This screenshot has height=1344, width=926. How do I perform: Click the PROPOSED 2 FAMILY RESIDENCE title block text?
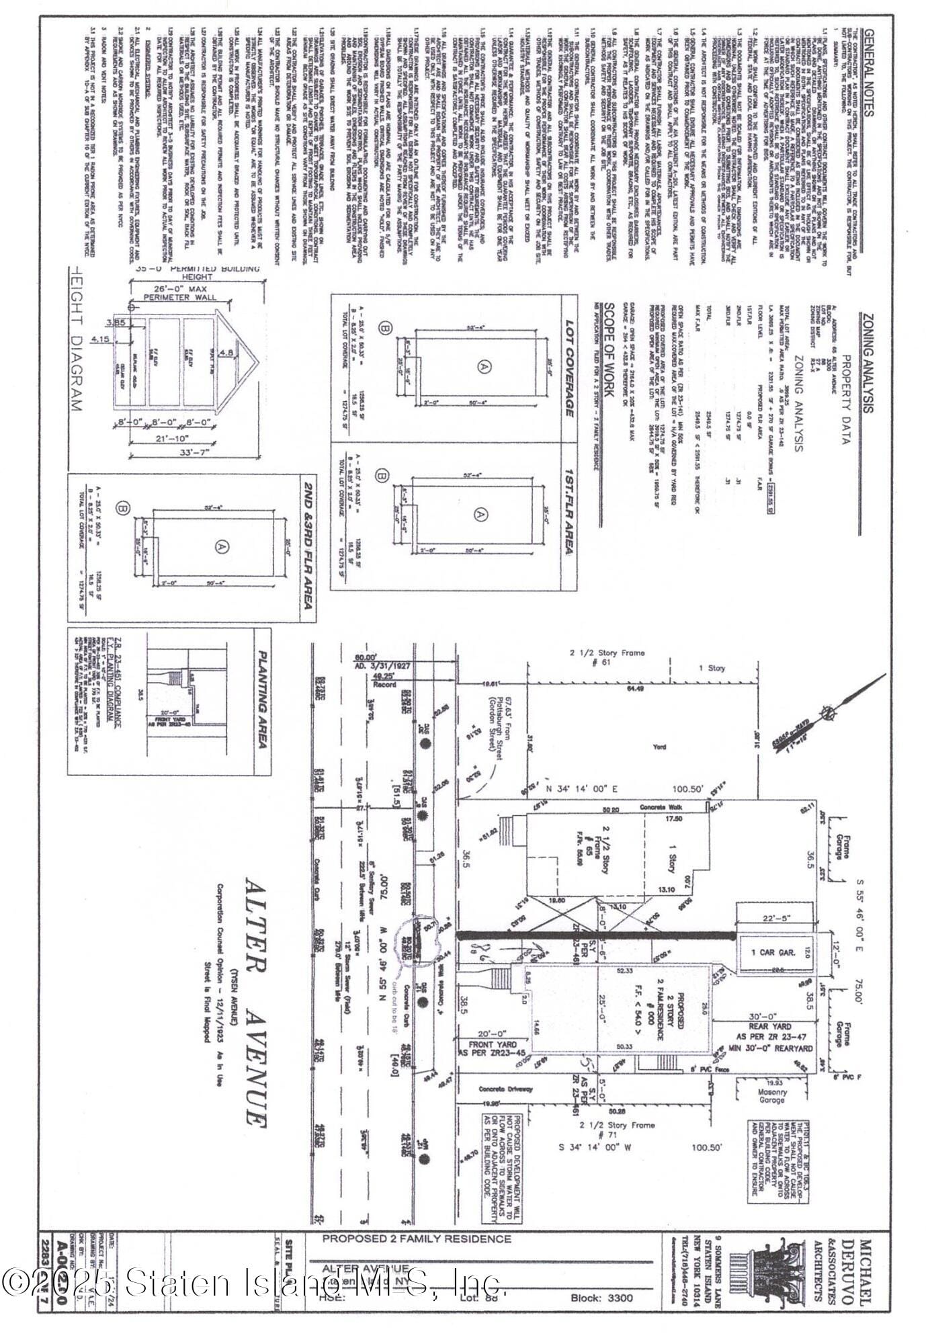click(x=417, y=1238)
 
